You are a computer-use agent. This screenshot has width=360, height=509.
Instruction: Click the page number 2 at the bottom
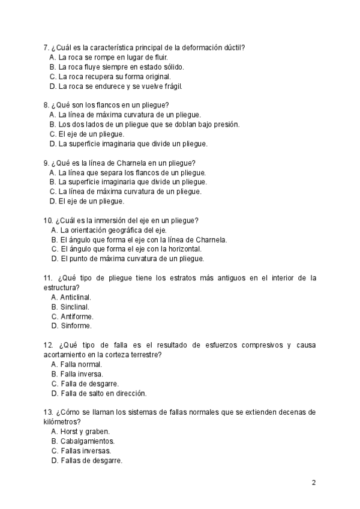(314, 483)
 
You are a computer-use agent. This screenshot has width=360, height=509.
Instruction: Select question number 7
(46, 47)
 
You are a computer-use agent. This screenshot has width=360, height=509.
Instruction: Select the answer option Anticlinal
(76, 297)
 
